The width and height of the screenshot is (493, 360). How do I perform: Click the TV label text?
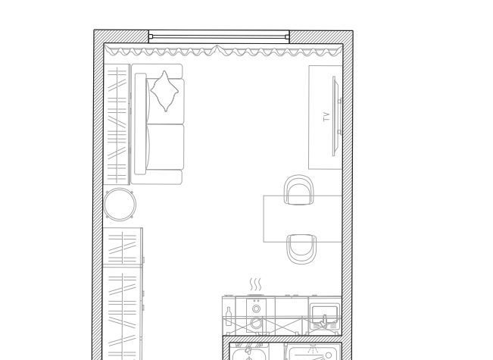pyautogui.click(x=326, y=117)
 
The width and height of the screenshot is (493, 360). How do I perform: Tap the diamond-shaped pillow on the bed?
pyautogui.click(x=164, y=91)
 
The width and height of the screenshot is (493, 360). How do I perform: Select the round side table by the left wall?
pyautogui.click(x=120, y=204)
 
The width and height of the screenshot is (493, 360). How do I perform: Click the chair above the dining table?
pyautogui.click(x=299, y=189)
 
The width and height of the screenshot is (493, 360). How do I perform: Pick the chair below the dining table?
pyautogui.click(x=301, y=249)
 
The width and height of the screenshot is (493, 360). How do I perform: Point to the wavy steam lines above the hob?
pyautogui.click(x=256, y=284)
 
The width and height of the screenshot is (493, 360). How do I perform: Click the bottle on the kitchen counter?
pyautogui.click(x=229, y=316)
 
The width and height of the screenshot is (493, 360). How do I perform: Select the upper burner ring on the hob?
pyautogui.click(x=256, y=309)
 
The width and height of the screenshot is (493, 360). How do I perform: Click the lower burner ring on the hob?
pyautogui.click(x=256, y=323)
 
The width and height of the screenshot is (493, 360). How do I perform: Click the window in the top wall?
pyautogui.click(x=219, y=36)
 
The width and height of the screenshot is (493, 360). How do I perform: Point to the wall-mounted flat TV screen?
pyautogui.click(x=335, y=116)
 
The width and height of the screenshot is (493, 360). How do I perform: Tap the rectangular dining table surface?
pyautogui.click(x=303, y=219)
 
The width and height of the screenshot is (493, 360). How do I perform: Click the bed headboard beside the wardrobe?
pyautogui.click(x=140, y=124)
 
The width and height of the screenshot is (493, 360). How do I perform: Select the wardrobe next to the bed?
pyautogui.click(x=117, y=124)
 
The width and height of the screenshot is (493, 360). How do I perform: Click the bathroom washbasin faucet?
pyautogui.click(x=248, y=350)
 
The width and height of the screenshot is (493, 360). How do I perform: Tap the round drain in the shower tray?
pyautogui.click(x=329, y=355)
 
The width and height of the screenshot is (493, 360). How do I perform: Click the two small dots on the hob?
pyautogui.click(x=256, y=301)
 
